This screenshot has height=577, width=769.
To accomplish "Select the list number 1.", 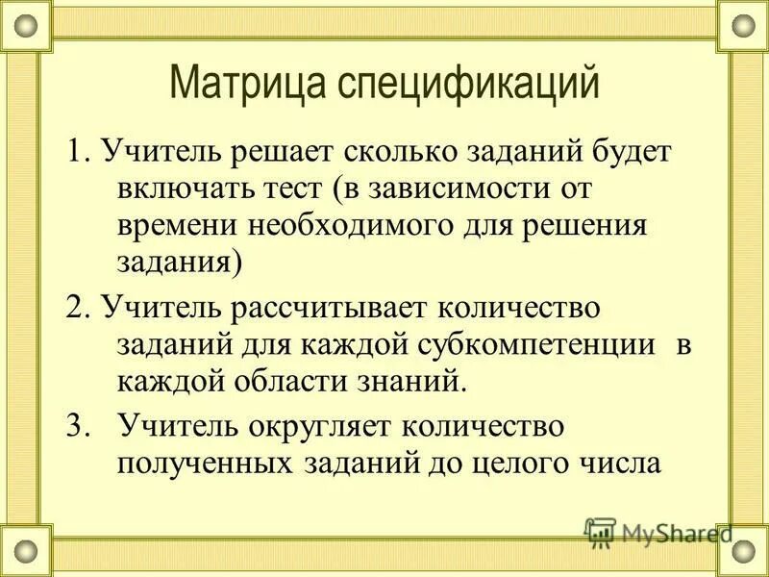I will (x=76, y=151).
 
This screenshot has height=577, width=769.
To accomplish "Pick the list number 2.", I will (x=76, y=308).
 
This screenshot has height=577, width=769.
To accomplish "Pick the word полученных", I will (x=205, y=463).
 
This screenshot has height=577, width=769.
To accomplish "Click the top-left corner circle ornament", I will (x=26, y=26).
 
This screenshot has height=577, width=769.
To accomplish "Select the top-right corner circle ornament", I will (x=743, y=26).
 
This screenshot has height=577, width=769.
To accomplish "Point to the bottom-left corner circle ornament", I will (x=26, y=551).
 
